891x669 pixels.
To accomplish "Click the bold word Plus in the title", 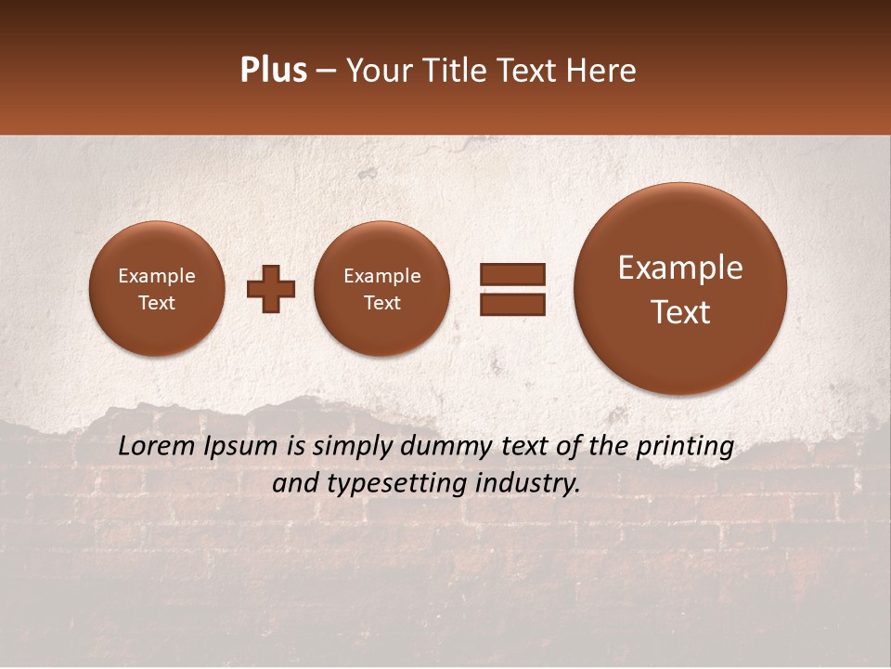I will tap(273, 71).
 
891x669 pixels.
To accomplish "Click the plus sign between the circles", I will tap(271, 289).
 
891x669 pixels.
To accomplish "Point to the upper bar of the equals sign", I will tap(512, 274).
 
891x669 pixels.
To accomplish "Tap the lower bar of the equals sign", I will tap(512, 303).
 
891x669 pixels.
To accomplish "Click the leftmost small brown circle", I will tap(156, 289).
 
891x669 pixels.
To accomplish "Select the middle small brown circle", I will tap(381, 289).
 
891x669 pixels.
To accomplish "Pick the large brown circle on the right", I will tap(680, 289).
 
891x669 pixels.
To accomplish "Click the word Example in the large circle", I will tap(680, 268).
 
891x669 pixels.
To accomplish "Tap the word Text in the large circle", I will tap(680, 312).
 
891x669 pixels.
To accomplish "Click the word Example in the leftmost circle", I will tap(156, 276).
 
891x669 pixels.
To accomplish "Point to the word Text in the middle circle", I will tap(381, 303).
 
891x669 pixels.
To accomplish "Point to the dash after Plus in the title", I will tap(326, 71).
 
